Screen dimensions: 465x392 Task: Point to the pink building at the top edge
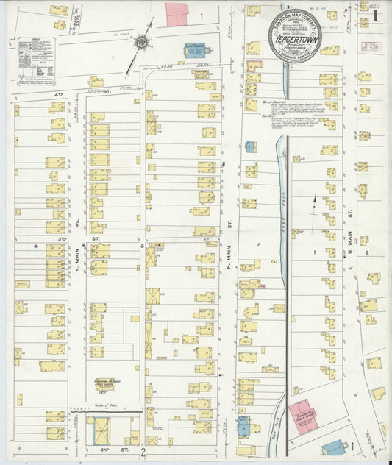pyautogui.click(x=177, y=14)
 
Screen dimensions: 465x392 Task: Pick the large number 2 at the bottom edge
pyautogui.click(x=144, y=451)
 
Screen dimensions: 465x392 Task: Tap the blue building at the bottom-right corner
pyautogui.click(x=335, y=447)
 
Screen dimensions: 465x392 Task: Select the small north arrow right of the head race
pyautogui.click(x=315, y=199)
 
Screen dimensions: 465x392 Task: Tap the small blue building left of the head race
pyautogui.click(x=250, y=146)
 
